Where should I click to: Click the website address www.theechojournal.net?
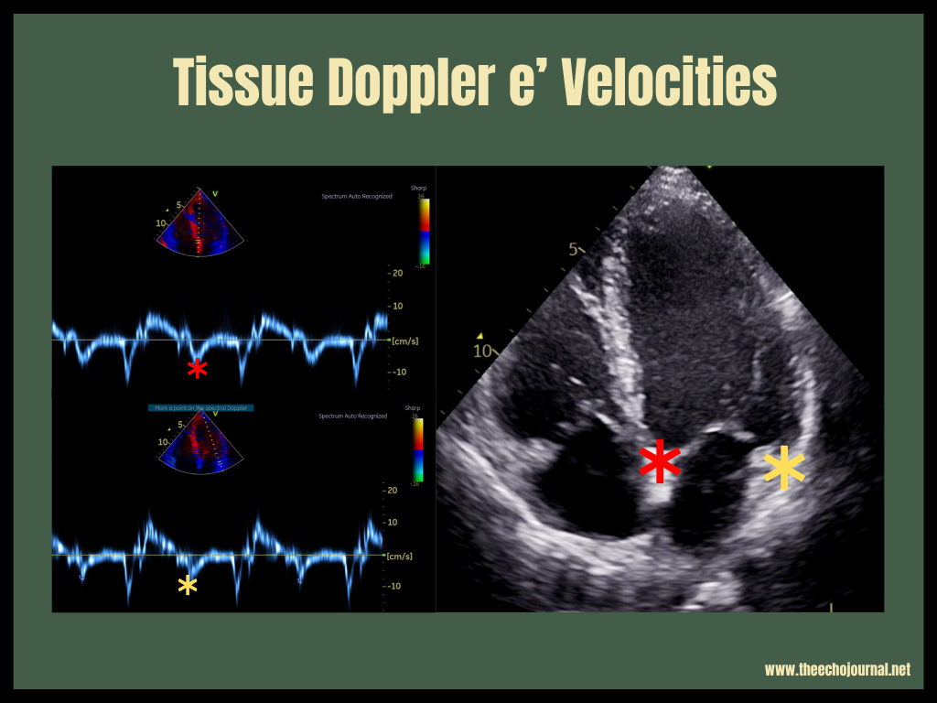[837, 670]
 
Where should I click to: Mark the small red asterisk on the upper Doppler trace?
[197, 369]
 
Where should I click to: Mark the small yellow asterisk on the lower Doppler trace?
[188, 586]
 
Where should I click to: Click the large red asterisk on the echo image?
[659, 463]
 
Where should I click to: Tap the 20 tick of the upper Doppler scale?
[395, 274]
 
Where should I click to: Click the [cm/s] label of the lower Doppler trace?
[400, 556]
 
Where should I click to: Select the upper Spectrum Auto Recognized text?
[356, 197]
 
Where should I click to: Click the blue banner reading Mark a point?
[199, 406]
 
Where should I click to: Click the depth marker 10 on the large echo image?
[482, 350]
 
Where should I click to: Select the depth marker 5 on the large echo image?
[574, 249]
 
